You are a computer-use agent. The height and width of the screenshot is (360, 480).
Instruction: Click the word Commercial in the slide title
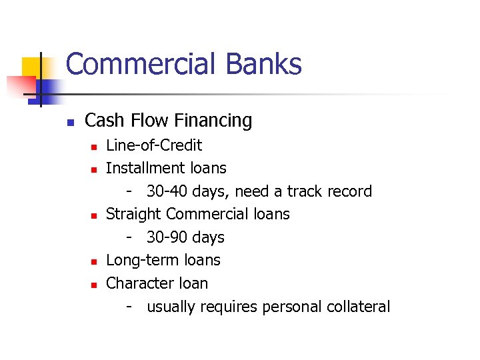[141, 65]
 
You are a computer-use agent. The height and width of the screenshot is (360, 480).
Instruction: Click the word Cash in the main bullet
[103, 121]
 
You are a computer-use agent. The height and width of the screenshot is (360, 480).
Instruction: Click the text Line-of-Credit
[154, 145]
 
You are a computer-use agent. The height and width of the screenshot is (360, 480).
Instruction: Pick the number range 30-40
[167, 191]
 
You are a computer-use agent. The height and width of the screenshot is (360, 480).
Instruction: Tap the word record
[350, 191]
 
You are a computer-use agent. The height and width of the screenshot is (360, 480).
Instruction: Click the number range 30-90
[167, 237]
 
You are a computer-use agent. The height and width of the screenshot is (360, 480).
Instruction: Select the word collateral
[359, 307]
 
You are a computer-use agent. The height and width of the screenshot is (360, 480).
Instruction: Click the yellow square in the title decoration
[32, 68]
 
